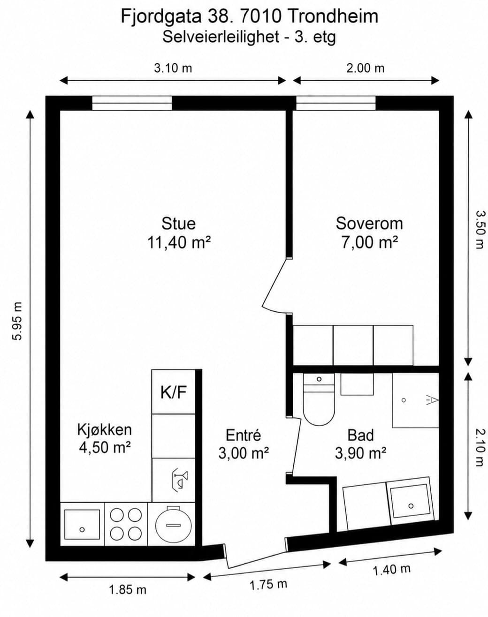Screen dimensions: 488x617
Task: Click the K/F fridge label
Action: (174, 392)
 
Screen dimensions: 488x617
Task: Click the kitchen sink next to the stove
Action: (82, 524)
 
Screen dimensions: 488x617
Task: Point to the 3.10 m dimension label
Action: (173, 68)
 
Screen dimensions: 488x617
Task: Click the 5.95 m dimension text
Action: (17, 321)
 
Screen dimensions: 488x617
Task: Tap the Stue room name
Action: (179, 223)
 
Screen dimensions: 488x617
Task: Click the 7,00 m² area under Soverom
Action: (369, 242)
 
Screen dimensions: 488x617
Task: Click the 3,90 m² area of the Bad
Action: (360, 453)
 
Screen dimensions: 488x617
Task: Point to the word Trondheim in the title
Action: (332, 16)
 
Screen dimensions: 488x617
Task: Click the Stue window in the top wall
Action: (132, 103)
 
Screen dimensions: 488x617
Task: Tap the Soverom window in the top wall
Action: (335, 103)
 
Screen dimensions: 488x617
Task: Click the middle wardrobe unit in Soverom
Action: (353, 345)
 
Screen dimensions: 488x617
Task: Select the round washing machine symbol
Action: (173, 525)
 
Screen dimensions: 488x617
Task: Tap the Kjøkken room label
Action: (105, 429)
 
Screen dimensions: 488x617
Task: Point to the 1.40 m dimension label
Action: (391, 569)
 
